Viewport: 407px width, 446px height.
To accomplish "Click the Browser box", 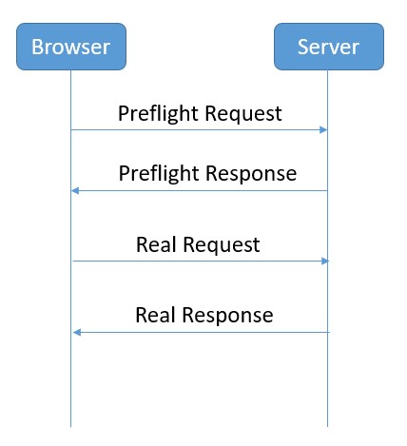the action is tap(71, 47).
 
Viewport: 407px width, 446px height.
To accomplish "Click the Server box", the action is tap(329, 47).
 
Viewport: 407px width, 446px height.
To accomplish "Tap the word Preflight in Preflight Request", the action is tap(159, 114).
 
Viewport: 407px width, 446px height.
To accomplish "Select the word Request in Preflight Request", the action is tap(243, 114).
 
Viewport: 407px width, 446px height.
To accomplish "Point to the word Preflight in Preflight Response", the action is tap(160, 174).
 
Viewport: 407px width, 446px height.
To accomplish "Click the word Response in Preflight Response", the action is tap(251, 174).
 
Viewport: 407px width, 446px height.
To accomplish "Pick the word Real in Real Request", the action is tap(156, 244).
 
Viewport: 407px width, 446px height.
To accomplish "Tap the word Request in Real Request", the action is tap(222, 245).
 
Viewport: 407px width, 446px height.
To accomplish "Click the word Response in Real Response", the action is tap(227, 316).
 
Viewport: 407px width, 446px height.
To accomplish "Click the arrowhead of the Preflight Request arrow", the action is tap(323, 129).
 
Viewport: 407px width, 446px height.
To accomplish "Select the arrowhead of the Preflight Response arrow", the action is tap(75, 190).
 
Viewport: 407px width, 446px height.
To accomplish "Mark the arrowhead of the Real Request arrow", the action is tap(325, 261).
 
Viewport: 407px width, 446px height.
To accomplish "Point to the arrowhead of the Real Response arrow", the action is tap(77, 332).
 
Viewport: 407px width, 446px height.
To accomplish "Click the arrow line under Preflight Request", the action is tap(199, 129).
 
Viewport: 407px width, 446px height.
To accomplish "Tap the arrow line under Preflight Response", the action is tap(199, 191).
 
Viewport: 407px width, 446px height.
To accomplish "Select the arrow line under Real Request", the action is tap(201, 261).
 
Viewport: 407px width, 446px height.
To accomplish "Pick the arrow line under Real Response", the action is tap(202, 332).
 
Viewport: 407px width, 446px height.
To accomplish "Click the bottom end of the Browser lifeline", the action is tap(70, 427).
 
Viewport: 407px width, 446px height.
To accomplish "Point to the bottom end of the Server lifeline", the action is tap(327, 427).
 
